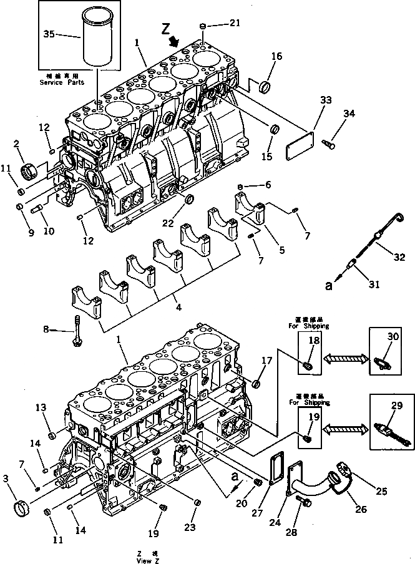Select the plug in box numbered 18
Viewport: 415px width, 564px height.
(308, 366)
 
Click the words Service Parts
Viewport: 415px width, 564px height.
(61, 82)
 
